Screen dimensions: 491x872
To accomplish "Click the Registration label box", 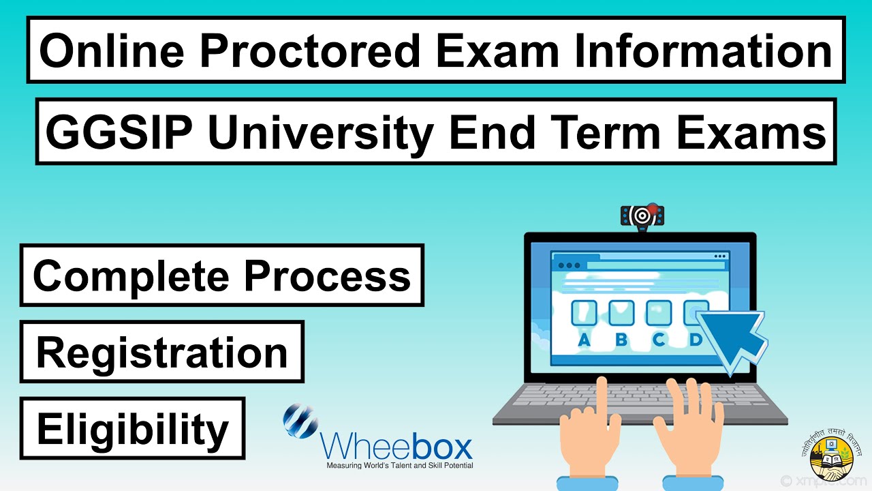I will pyautogui.click(x=162, y=352).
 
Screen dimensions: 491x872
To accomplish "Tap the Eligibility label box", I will pyautogui.click(x=132, y=428).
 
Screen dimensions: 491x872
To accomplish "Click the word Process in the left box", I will pyautogui.click(x=328, y=276).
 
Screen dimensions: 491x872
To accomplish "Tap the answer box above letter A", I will pyautogui.click(x=584, y=313).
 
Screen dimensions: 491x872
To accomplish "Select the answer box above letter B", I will pyautogui.click(x=621, y=313).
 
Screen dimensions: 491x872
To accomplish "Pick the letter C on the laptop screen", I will pyautogui.click(x=659, y=339).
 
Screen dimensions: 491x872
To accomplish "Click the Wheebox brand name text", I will pyautogui.click(x=397, y=447).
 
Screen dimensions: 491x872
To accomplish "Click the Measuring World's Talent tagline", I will pyautogui.click(x=399, y=466).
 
